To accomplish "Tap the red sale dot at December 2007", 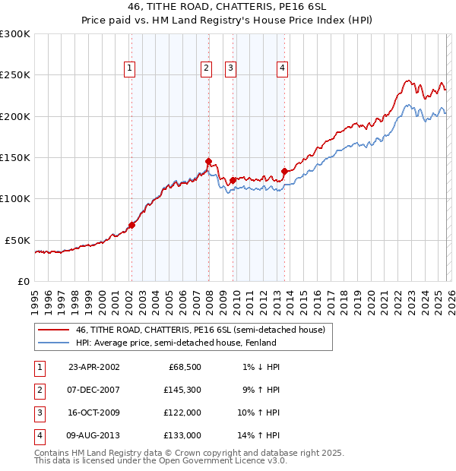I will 208,161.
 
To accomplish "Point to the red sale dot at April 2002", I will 131,225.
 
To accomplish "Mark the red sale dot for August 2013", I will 284,171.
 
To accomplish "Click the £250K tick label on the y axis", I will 15,75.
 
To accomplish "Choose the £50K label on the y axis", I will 18,240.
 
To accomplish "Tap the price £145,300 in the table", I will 182,391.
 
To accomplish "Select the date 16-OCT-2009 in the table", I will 94,413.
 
